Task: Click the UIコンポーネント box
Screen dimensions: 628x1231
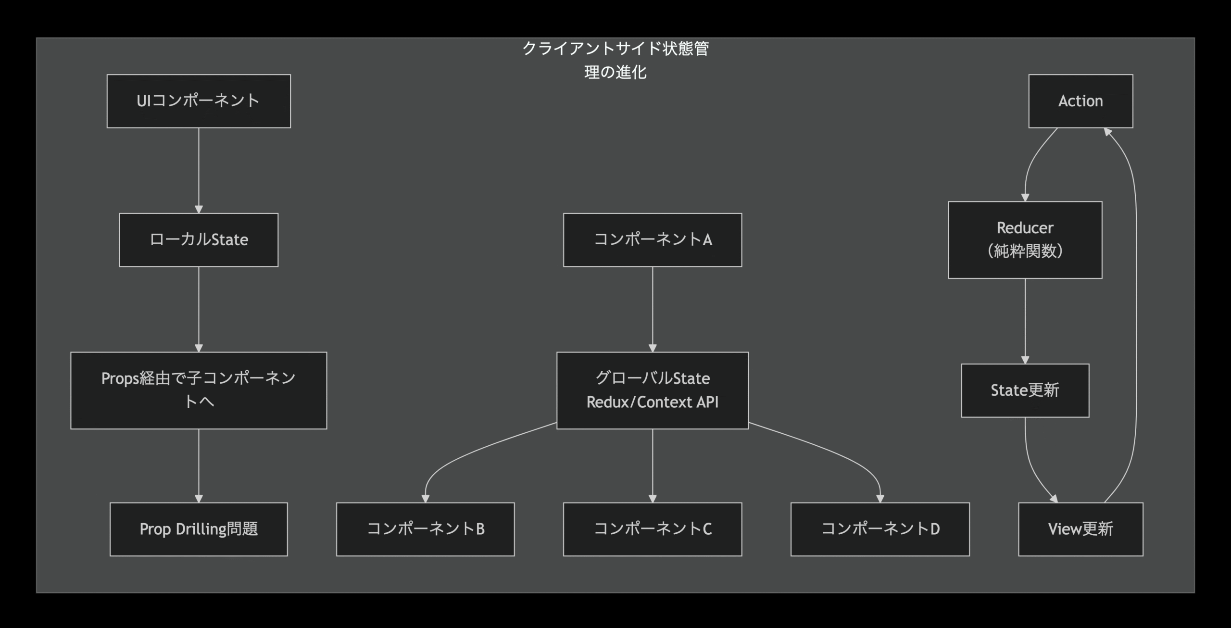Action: (x=199, y=101)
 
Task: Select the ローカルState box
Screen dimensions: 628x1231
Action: (x=199, y=240)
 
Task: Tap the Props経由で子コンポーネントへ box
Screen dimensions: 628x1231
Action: (x=199, y=390)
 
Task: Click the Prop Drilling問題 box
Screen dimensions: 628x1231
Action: (x=199, y=529)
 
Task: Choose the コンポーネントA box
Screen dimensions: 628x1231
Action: (x=653, y=240)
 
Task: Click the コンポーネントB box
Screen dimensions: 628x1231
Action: (x=425, y=529)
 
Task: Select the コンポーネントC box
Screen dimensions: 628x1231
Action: (x=653, y=529)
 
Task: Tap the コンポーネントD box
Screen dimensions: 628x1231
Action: (x=880, y=529)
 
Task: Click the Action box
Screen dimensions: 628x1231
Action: (x=1080, y=101)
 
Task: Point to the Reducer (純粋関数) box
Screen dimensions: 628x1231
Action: (x=1025, y=239)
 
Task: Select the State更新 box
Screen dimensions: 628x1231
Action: (x=1025, y=390)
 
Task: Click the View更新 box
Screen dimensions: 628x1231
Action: (x=1080, y=529)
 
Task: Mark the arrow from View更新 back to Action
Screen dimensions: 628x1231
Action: (x=1136, y=313)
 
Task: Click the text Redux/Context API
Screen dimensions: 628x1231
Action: (x=653, y=402)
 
